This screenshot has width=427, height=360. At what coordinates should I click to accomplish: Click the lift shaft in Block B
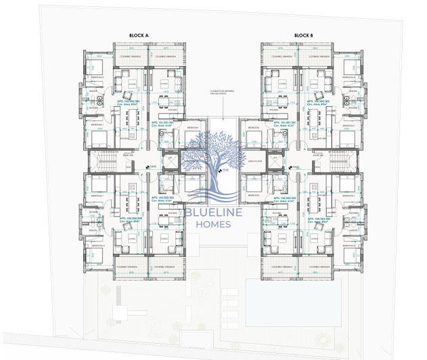[274, 162]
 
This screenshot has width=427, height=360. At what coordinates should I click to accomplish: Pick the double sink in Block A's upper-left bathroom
[96, 99]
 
